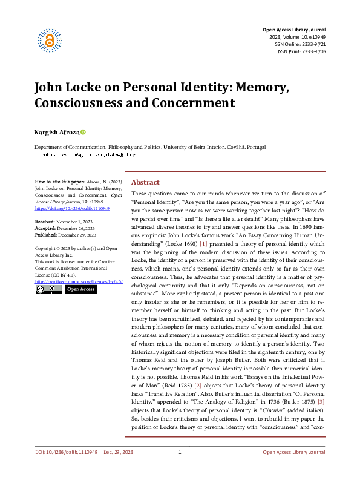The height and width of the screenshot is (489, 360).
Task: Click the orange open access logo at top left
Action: point(50,41)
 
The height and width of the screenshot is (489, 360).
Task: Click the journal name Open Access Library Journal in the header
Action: point(293,30)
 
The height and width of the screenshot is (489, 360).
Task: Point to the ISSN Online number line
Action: point(301,44)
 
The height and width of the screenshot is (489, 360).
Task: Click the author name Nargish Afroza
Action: point(56,132)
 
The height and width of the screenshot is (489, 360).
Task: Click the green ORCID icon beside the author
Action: point(83,132)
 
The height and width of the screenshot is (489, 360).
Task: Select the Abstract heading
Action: point(145,182)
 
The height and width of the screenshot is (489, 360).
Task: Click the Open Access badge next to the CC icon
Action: point(80,289)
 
